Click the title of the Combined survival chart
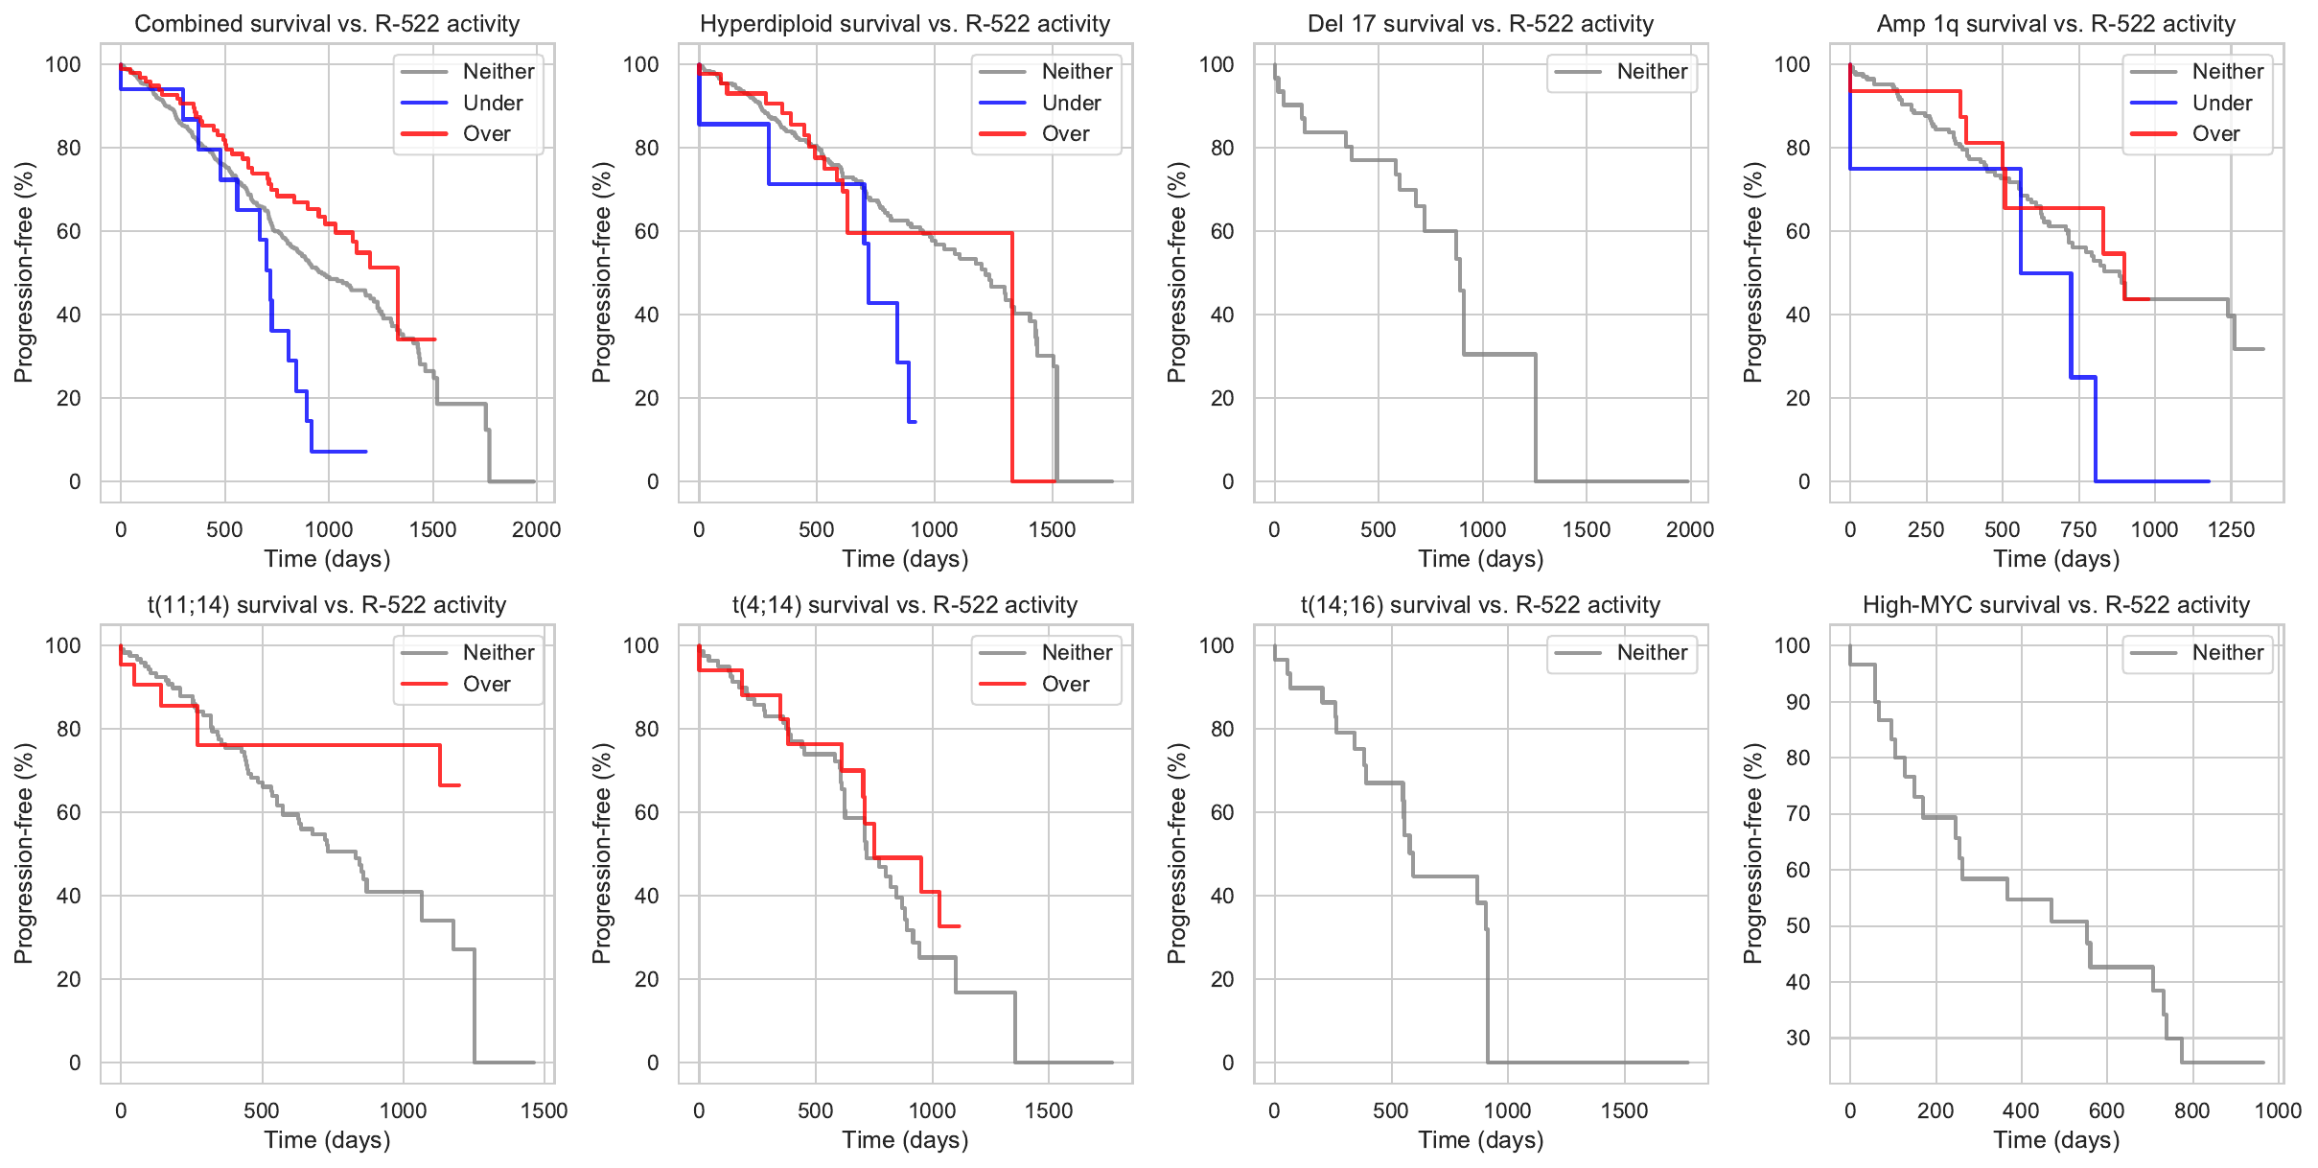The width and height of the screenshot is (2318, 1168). (327, 24)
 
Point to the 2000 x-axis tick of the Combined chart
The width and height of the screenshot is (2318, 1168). (536, 529)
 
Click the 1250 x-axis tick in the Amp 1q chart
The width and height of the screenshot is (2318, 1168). (2231, 529)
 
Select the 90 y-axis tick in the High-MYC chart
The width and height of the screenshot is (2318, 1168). (1797, 702)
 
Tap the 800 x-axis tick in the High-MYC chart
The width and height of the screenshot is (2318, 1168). (2192, 1110)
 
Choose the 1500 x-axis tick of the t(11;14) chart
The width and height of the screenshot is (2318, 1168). (544, 1110)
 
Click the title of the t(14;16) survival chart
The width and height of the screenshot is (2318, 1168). (1480, 605)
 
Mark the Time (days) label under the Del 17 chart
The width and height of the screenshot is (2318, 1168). (1480, 559)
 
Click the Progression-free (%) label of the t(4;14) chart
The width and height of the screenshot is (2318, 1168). (601, 853)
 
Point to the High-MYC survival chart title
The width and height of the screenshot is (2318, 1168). (2055, 605)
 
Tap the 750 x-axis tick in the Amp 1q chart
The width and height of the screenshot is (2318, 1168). (2078, 529)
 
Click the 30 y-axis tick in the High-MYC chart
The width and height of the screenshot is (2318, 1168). (1797, 1038)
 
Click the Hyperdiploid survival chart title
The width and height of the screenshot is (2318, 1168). (904, 24)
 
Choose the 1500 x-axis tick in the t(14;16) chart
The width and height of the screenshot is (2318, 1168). (1624, 1110)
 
